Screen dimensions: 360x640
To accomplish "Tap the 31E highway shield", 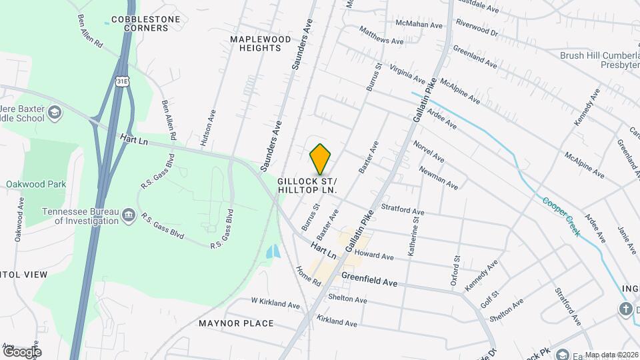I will tap(121, 81).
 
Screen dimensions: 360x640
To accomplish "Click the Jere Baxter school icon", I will tap(54, 114).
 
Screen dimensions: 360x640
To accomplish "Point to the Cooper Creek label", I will tap(560, 216).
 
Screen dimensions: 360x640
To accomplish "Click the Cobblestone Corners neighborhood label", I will tap(146, 24).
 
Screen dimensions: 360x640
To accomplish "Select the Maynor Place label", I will tap(236, 323).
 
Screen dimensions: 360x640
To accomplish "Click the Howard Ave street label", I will tap(375, 255).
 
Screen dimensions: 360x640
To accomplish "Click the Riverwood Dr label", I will tap(477, 27).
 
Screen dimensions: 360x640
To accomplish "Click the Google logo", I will tap(21, 351).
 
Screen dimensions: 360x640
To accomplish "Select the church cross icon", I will tap(625, 309).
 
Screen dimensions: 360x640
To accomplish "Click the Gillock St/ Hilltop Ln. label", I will tap(307, 185).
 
